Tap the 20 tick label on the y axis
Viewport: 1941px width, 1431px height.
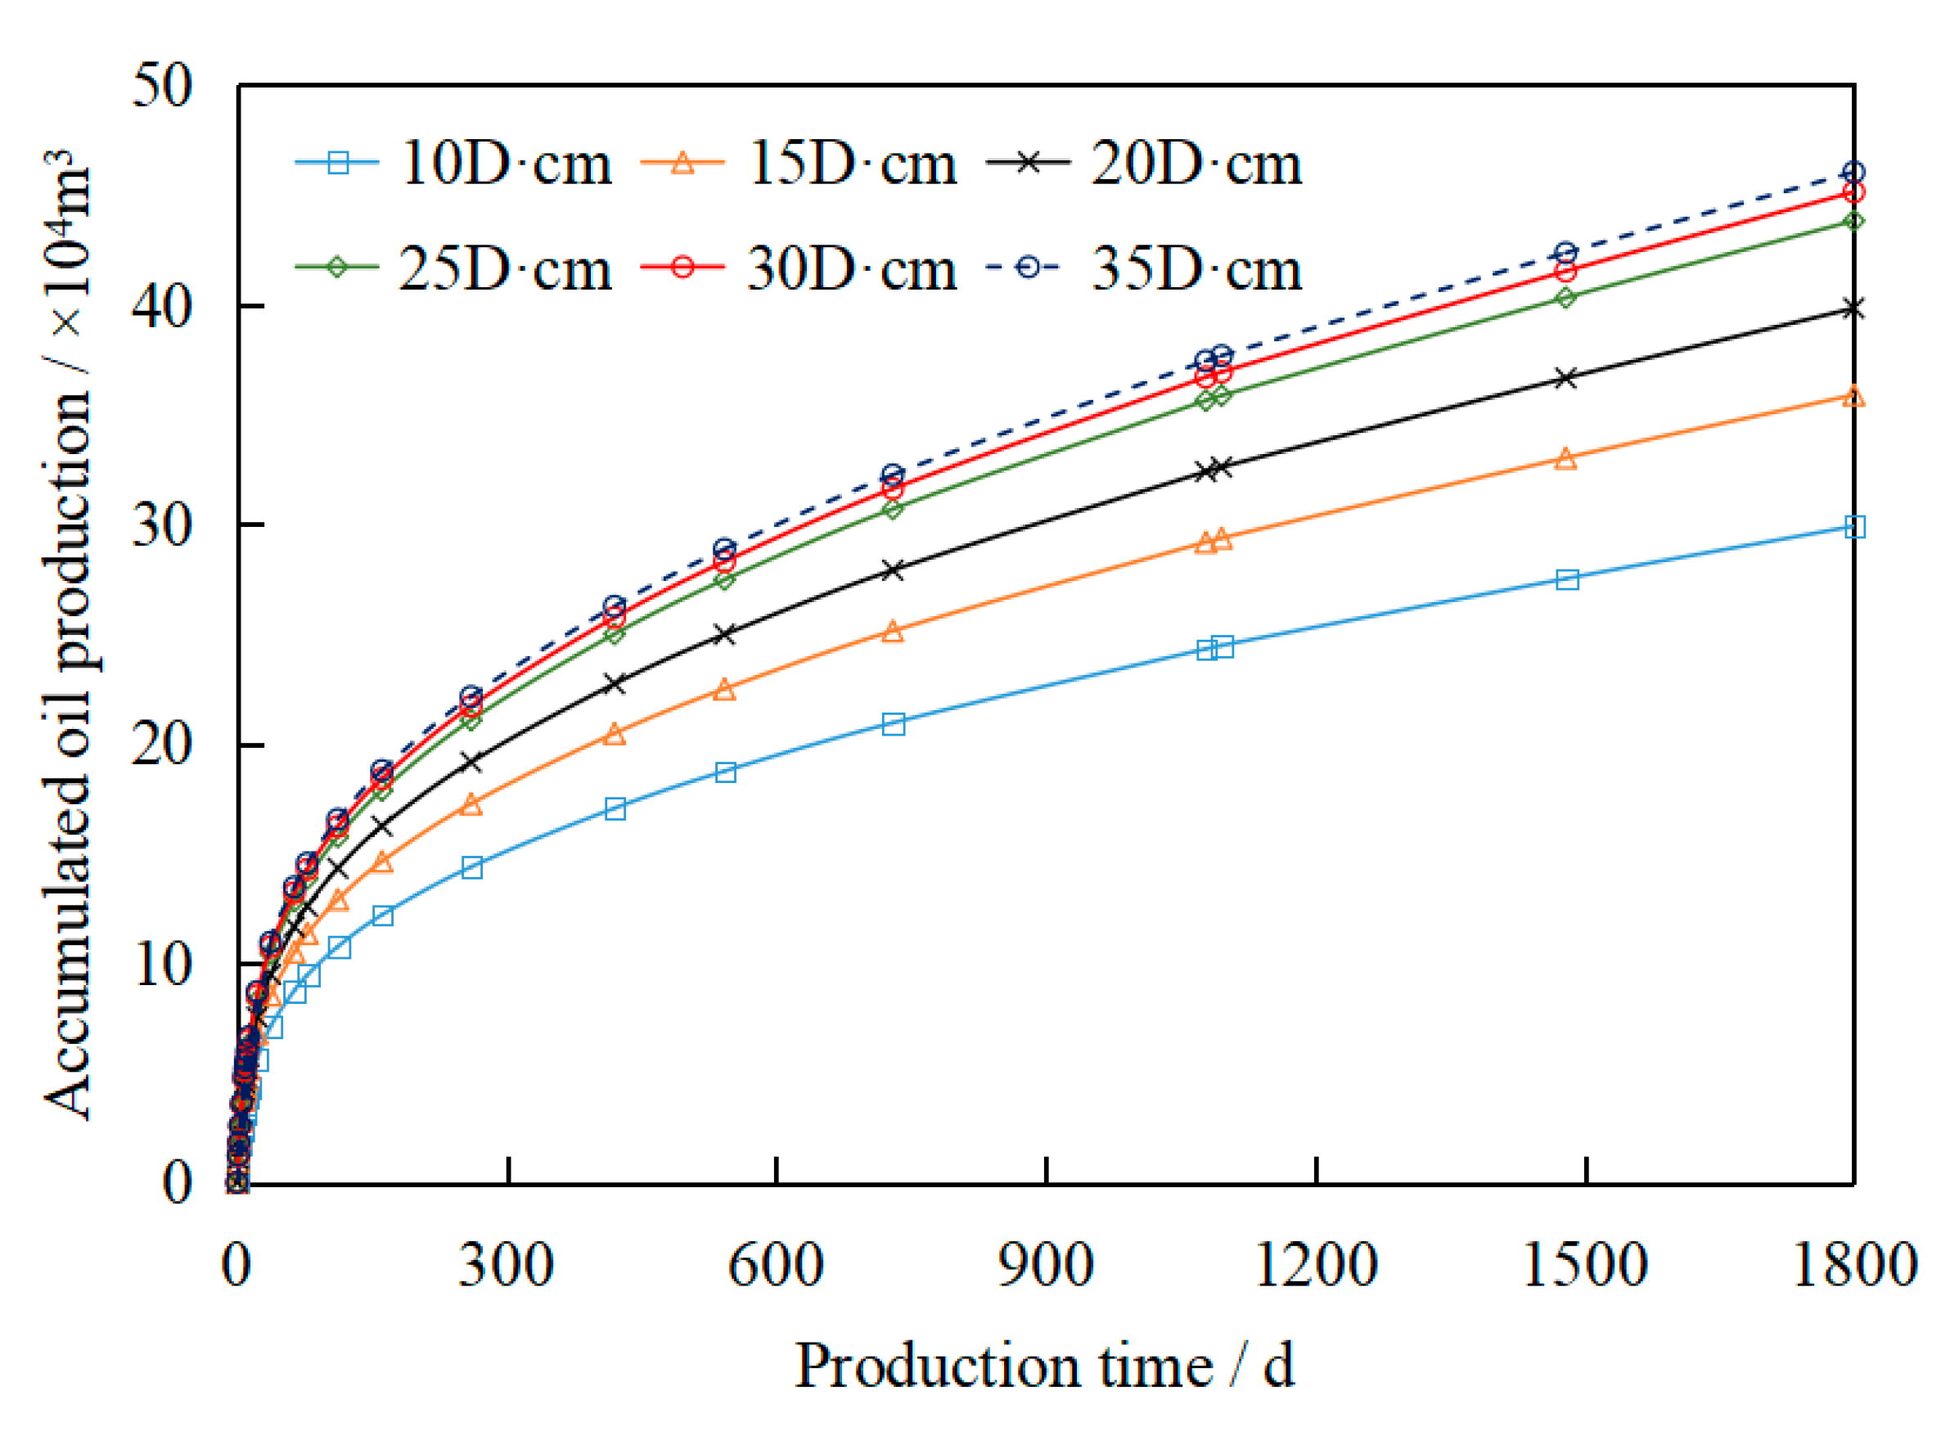click(x=161, y=744)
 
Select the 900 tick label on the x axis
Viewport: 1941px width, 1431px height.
click(x=1046, y=1266)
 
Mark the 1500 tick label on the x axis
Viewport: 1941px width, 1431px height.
click(x=1584, y=1266)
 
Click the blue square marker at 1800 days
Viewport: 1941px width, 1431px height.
click(x=1853, y=527)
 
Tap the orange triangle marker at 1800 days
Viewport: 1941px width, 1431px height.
click(x=1853, y=397)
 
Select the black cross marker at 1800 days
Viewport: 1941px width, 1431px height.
click(x=1853, y=308)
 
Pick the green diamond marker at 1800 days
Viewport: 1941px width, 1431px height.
click(x=1853, y=222)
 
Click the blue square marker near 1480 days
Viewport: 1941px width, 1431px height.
click(x=1567, y=579)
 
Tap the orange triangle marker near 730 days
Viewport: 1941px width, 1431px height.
click(x=893, y=632)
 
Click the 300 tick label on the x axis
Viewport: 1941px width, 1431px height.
click(x=506, y=1266)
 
